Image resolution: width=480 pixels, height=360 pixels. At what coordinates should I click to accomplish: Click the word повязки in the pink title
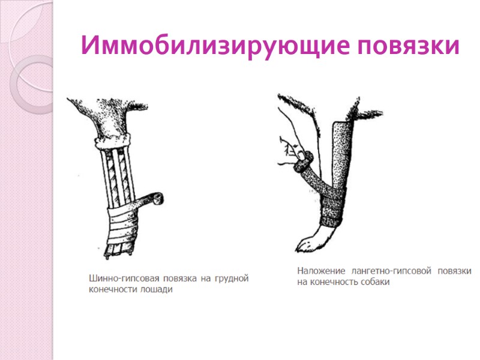pyautogui.click(x=407, y=46)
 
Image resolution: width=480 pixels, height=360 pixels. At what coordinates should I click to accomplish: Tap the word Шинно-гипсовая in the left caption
pyautogui.click(x=122, y=278)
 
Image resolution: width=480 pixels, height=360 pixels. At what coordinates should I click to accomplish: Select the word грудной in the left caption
pyautogui.click(x=231, y=278)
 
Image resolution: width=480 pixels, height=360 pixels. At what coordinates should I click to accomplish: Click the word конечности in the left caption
pyautogui.click(x=112, y=289)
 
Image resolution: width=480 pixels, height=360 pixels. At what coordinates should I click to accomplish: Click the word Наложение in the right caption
pyautogui.click(x=320, y=271)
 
